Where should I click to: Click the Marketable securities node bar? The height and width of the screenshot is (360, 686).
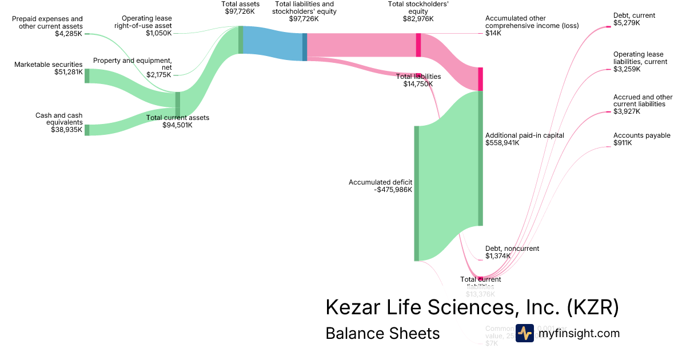point(87,75)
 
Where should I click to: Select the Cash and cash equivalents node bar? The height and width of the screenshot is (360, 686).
point(87,130)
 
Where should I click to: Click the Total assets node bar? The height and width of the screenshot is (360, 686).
point(241,40)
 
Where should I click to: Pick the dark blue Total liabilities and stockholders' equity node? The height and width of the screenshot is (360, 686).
point(305,47)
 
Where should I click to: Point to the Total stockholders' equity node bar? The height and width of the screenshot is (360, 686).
point(418,45)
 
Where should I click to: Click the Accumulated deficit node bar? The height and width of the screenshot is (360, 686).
point(417,193)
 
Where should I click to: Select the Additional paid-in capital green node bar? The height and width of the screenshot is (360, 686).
point(481,158)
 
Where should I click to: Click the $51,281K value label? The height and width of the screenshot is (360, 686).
point(68,72)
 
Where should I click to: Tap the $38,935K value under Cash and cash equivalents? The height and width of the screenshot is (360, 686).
point(67,130)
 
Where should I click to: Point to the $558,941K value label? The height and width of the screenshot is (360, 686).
point(502,143)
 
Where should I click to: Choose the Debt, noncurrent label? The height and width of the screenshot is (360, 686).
point(512,249)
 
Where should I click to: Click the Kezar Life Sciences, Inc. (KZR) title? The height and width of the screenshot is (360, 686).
point(472,307)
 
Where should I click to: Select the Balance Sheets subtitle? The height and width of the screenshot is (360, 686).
point(382,333)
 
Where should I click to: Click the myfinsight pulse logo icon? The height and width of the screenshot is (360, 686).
point(524,333)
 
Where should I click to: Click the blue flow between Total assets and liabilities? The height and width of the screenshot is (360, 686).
point(273,43)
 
